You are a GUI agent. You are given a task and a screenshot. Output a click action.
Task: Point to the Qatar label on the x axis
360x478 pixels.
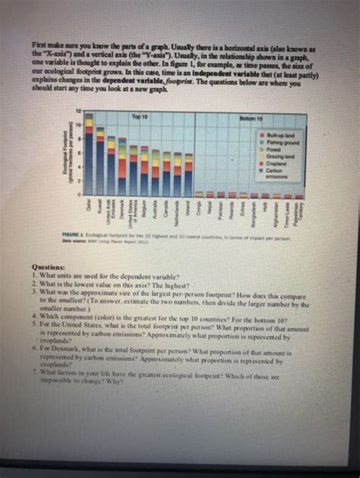89,206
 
